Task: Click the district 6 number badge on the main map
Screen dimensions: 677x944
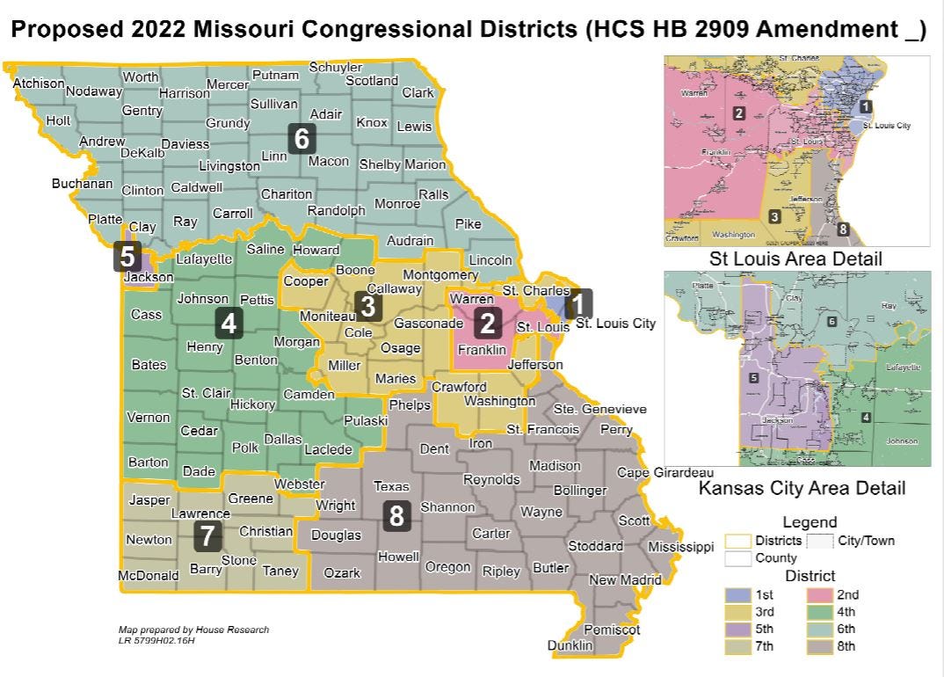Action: pyautogui.click(x=301, y=139)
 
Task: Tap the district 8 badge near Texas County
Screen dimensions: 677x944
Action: pyautogui.click(x=396, y=516)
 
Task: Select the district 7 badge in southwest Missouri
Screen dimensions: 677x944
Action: pyautogui.click(x=207, y=535)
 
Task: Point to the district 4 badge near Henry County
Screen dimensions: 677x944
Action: pyautogui.click(x=229, y=324)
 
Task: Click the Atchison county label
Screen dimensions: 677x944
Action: pyautogui.click(x=39, y=84)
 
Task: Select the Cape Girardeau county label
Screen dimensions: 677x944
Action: pyautogui.click(x=664, y=472)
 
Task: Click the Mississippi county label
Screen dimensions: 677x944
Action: pyautogui.click(x=680, y=547)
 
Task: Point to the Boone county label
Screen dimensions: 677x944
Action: pyautogui.click(x=356, y=270)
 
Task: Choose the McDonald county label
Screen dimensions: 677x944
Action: pyautogui.click(x=149, y=576)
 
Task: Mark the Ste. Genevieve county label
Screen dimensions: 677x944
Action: pyautogui.click(x=599, y=409)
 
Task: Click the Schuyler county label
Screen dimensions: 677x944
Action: pyautogui.click(x=336, y=68)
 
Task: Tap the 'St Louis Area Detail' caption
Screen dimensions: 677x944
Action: pyautogui.click(x=795, y=259)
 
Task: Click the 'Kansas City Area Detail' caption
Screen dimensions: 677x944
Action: pyautogui.click(x=801, y=487)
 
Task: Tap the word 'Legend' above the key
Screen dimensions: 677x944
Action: pyautogui.click(x=810, y=522)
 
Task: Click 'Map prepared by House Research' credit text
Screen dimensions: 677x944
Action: pyautogui.click(x=193, y=630)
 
